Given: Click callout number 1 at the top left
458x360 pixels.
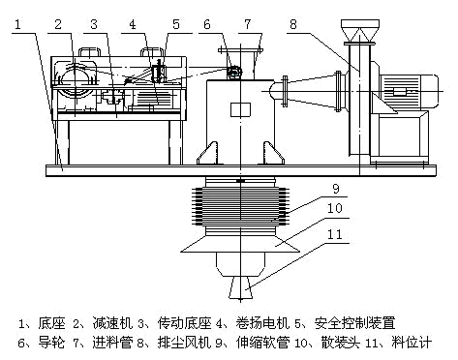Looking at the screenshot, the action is click(17, 24).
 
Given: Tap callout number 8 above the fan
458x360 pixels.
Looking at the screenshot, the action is click(293, 24).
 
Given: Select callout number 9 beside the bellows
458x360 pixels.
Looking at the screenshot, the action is click(336, 189).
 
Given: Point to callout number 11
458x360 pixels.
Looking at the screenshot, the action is click(335, 234).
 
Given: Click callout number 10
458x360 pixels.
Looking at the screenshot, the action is click(335, 208).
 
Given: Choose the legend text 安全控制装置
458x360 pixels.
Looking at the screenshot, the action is click(355, 323).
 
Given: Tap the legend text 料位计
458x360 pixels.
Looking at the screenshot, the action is click(412, 343).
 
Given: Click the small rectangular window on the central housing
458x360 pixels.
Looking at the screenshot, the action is click(240, 109).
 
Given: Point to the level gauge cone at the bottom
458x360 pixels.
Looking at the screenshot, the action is click(240, 287).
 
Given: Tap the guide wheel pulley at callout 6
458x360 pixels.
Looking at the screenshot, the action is click(233, 73).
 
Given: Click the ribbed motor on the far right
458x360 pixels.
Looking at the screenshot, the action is click(410, 92).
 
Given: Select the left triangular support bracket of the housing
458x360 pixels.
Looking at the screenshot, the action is click(207, 153).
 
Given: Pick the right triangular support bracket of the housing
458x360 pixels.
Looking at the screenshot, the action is click(274, 153).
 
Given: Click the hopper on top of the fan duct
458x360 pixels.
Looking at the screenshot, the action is click(360, 31).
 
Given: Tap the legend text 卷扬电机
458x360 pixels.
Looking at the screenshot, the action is click(262, 323).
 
